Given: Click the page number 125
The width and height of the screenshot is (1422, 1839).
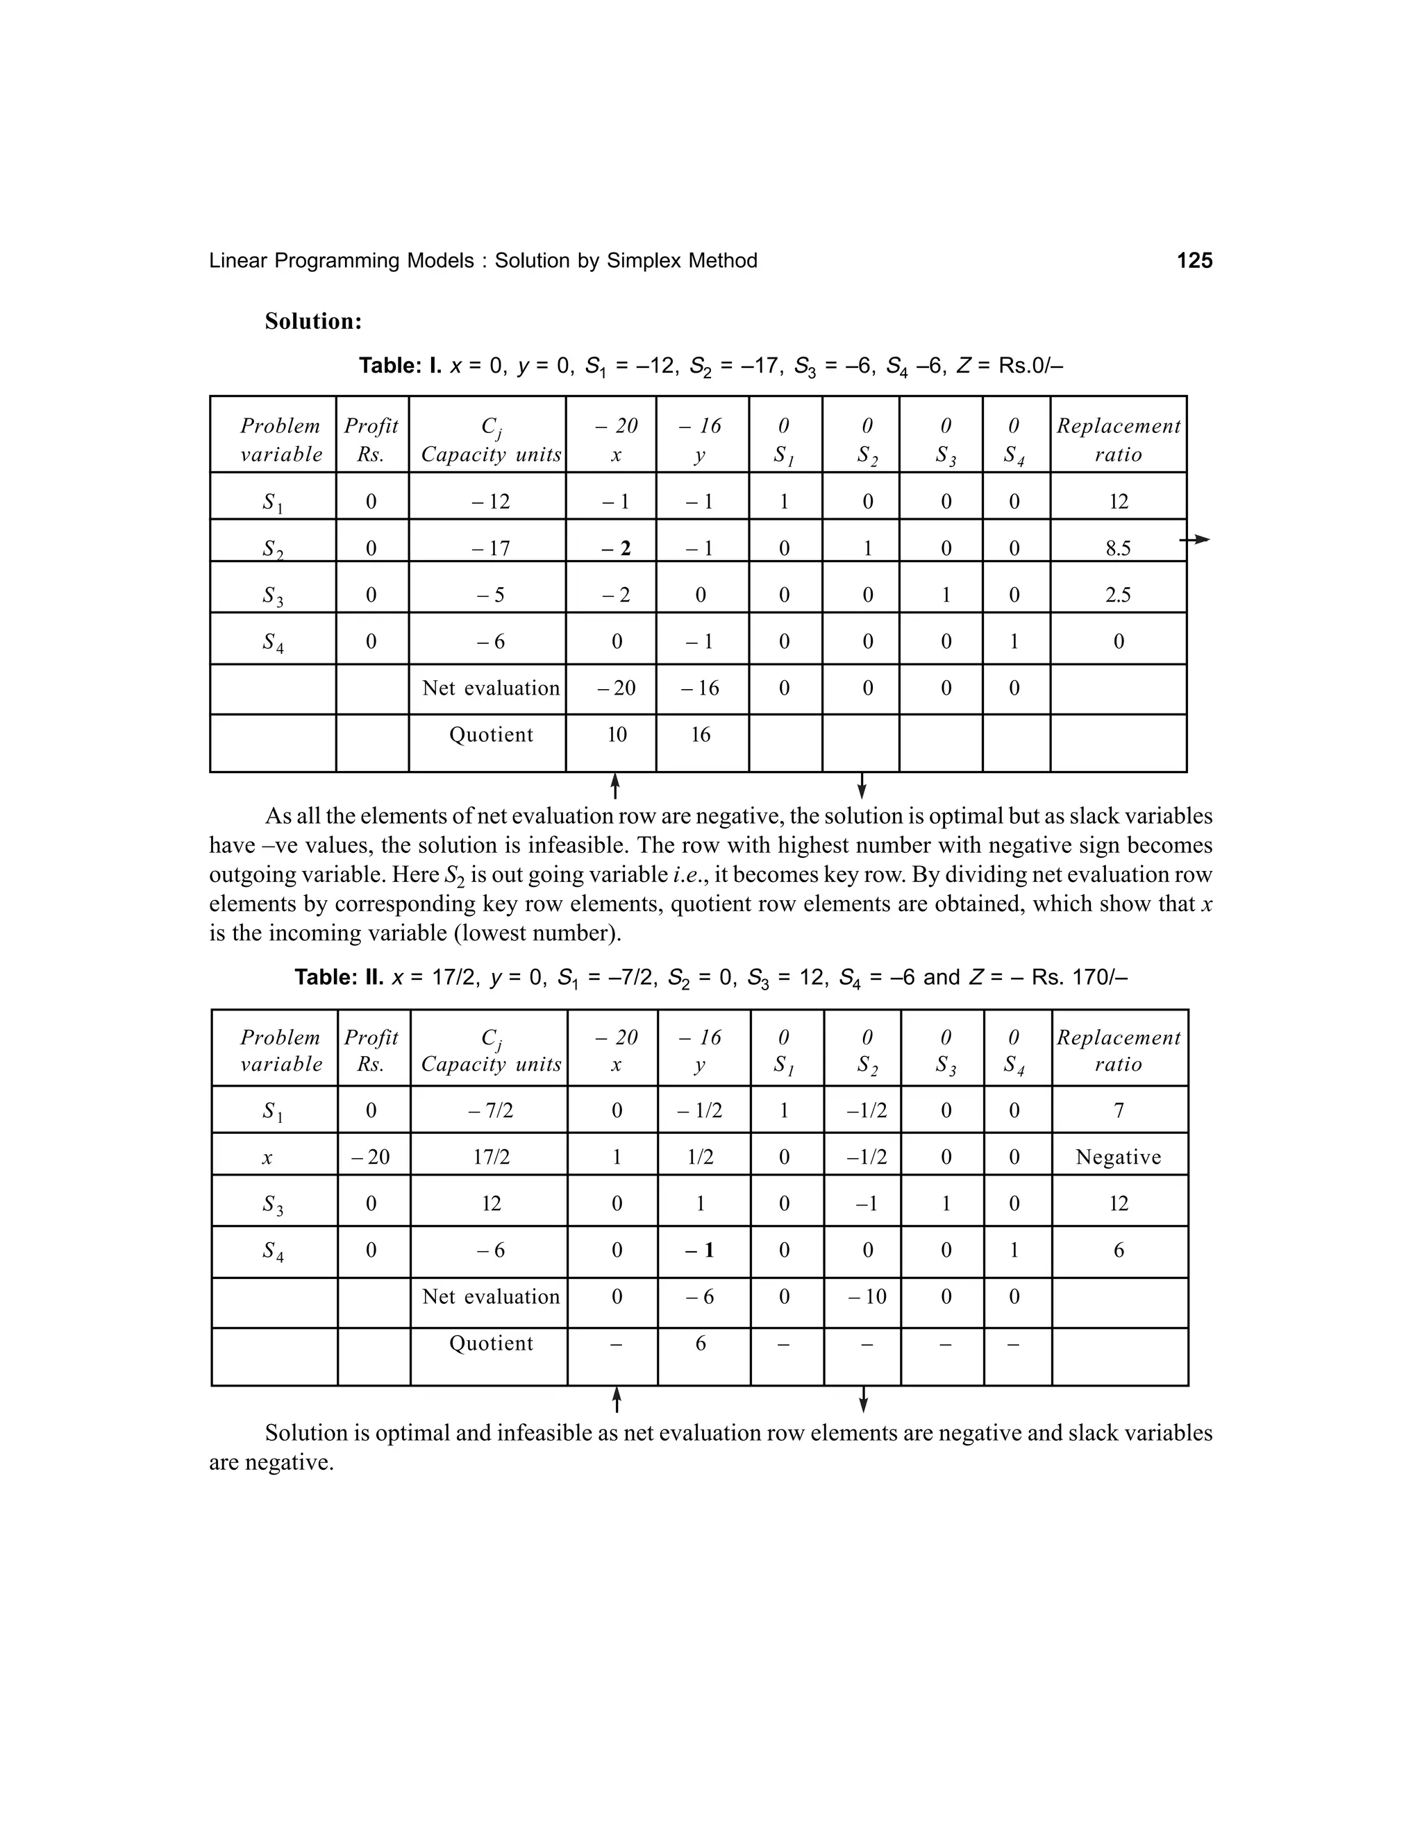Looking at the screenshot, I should click(x=1194, y=261).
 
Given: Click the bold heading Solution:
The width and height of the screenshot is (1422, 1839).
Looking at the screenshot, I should click(x=312, y=322).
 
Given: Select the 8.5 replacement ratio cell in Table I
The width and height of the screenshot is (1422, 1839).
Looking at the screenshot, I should click(x=1118, y=549).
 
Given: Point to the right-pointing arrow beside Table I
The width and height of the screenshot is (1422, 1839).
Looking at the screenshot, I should click(x=1194, y=539).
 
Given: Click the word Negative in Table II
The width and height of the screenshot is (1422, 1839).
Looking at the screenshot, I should click(x=1118, y=1158).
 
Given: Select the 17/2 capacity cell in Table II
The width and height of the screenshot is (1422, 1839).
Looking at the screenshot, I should click(x=491, y=1158).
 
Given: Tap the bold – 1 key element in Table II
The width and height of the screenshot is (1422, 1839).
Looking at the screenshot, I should click(x=700, y=1251).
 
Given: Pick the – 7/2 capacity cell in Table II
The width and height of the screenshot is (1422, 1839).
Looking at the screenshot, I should click(x=491, y=1110).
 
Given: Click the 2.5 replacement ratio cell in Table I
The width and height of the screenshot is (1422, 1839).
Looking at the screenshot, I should click(x=1118, y=595).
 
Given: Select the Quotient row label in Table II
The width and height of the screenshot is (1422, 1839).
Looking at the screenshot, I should click(x=491, y=1343).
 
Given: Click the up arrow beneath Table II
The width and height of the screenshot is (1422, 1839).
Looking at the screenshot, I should click(x=617, y=1400).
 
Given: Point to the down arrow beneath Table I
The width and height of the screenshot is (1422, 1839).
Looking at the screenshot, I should click(x=861, y=786).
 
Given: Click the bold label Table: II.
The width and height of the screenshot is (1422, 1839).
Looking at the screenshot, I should click(x=339, y=977).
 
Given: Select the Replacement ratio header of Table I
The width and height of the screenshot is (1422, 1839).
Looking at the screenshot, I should click(x=1118, y=439).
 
